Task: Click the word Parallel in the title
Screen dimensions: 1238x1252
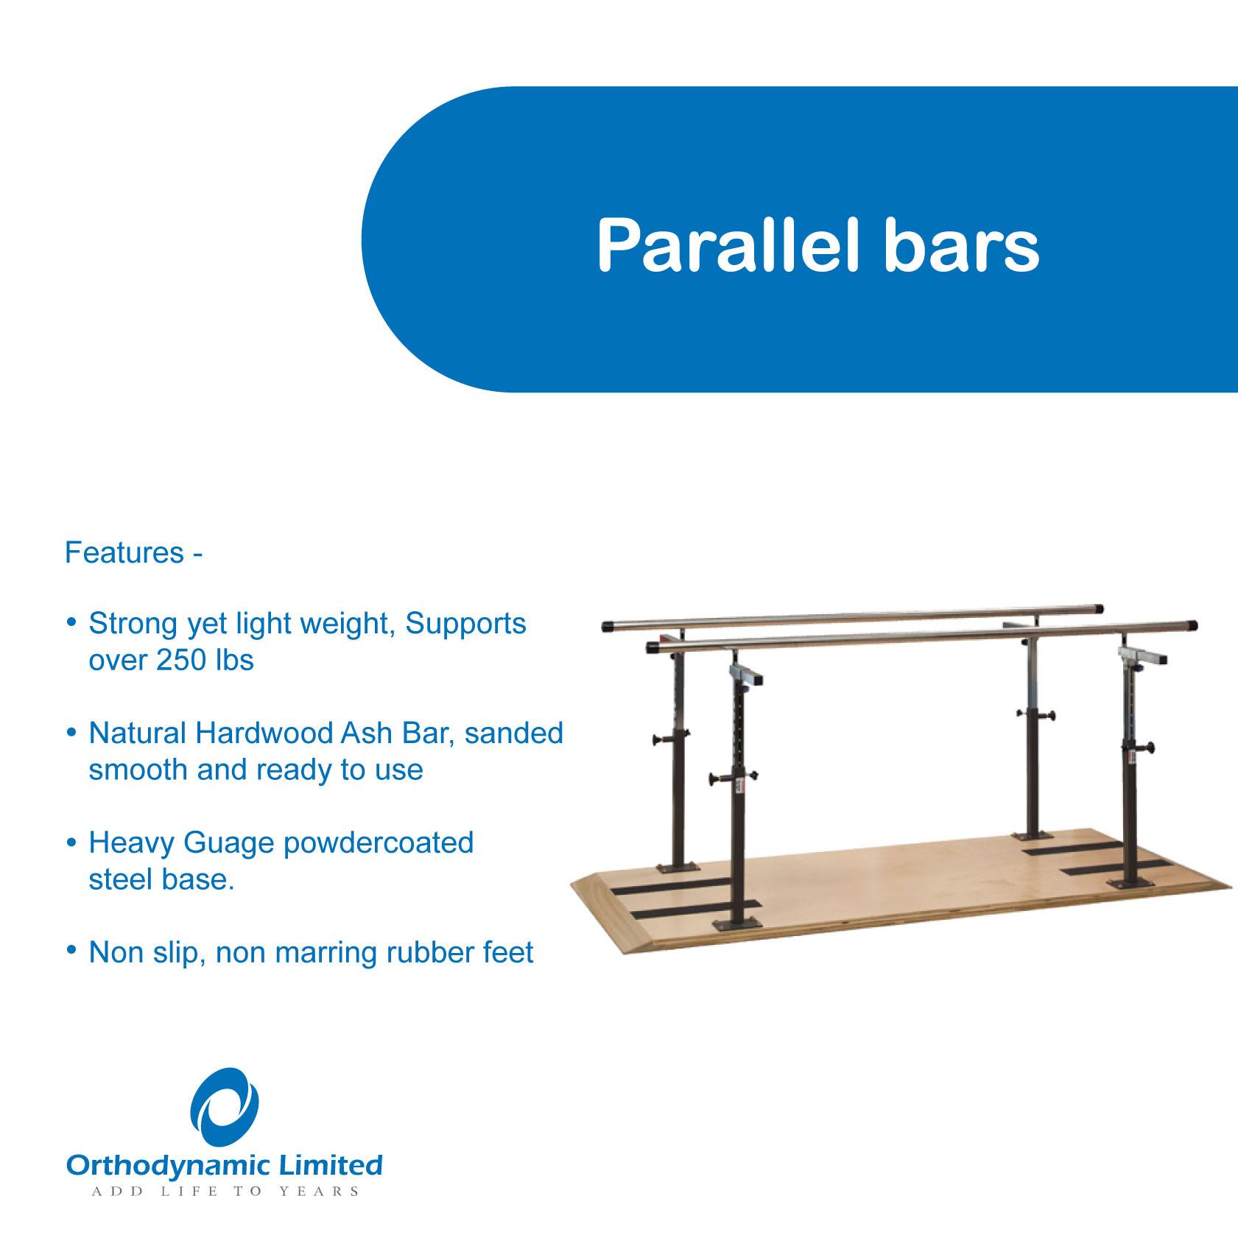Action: [728, 245]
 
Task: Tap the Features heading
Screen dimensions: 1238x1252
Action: [124, 552]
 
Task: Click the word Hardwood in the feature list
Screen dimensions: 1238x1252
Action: [264, 733]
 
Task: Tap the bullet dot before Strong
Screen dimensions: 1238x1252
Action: [71, 622]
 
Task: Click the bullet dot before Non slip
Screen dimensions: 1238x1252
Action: [71, 951]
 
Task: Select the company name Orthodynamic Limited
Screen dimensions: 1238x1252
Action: [225, 1166]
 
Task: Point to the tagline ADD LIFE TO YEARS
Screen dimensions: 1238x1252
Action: [225, 1192]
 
